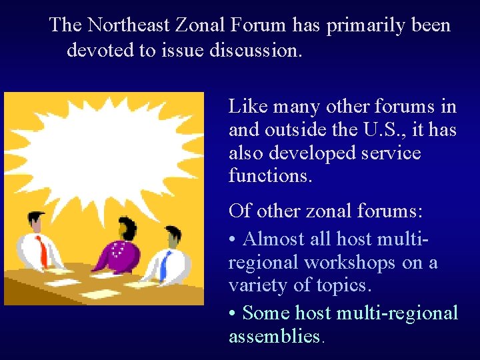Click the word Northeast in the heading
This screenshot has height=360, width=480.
[129, 26]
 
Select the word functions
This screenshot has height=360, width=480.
[270, 176]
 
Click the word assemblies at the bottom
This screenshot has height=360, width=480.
[274, 336]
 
